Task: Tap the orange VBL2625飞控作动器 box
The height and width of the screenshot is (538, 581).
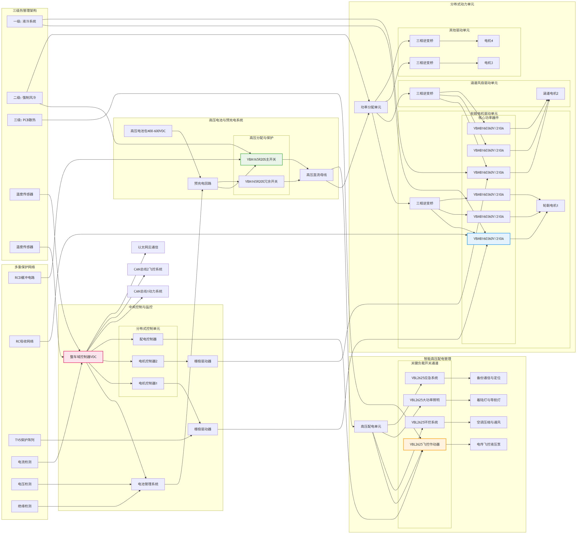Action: [425, 444]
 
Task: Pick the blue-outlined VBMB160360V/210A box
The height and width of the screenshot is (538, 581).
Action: [489, 239]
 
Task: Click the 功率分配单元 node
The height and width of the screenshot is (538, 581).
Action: [371, 107]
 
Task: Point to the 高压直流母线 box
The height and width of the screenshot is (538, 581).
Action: [316, 175]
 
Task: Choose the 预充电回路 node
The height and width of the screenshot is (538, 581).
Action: [203, 183]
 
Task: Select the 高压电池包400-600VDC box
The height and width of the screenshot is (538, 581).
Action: [148, 131]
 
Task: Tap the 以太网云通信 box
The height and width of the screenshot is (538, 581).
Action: [148, 247]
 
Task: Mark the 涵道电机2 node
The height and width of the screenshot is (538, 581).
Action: [550, 93]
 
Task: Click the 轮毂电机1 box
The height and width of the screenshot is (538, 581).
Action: [550, 205]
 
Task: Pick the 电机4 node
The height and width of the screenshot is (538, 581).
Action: [489, 41]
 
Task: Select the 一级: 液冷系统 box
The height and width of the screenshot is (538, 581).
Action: [25, 21]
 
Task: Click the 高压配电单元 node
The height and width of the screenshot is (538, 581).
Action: [371, 426]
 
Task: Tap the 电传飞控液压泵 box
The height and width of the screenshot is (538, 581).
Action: [489, 444]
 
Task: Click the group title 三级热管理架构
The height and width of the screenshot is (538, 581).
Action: [25, 11]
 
